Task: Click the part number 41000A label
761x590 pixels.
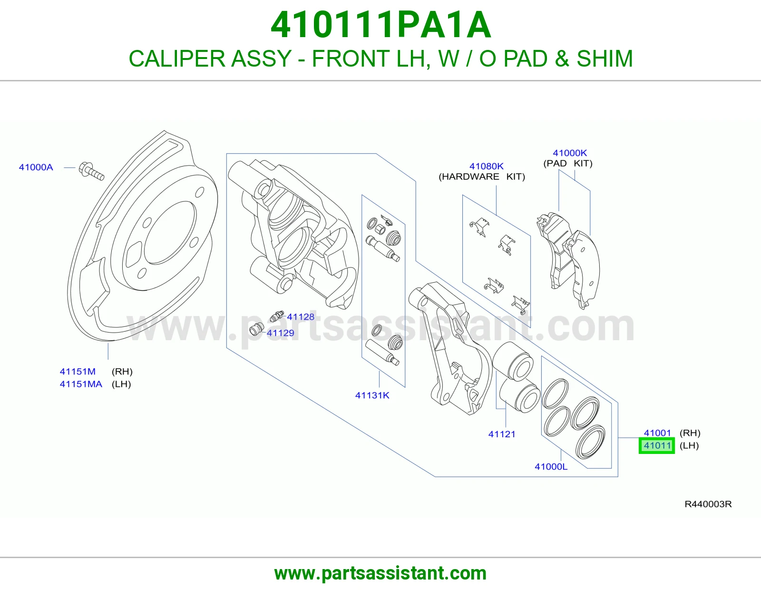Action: (36, 167)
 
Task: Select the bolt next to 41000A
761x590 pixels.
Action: (91, 171)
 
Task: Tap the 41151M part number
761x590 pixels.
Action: (78, 372)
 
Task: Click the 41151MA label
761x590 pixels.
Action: (81, 384)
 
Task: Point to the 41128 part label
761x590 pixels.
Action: (301, 317)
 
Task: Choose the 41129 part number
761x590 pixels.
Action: (280, 333)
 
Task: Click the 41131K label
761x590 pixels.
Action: (372, 395)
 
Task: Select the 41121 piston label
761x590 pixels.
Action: (502, 434)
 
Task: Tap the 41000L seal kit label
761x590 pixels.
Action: (551, 466)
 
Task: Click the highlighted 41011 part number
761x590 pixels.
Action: (657, 446)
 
